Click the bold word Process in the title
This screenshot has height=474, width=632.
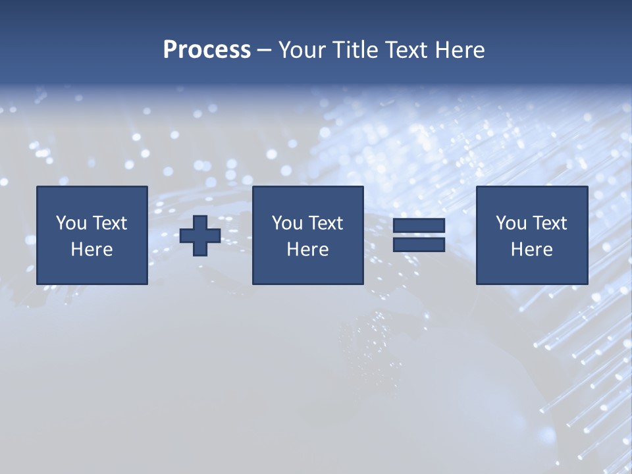point(207,50)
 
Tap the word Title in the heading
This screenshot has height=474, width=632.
point(355,50)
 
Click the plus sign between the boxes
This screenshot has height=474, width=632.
point(200,236)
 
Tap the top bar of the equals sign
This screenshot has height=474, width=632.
point(419,226)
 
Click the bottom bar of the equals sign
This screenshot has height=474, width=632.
point(419,245)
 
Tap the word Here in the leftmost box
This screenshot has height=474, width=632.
point(92,250)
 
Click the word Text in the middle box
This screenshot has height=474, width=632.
point(325,223)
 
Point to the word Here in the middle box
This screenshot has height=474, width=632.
point(308,250)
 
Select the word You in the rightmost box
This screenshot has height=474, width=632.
point(511,223)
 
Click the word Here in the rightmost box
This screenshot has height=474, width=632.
point(532,250)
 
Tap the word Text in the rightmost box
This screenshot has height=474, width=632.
point(549,223)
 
